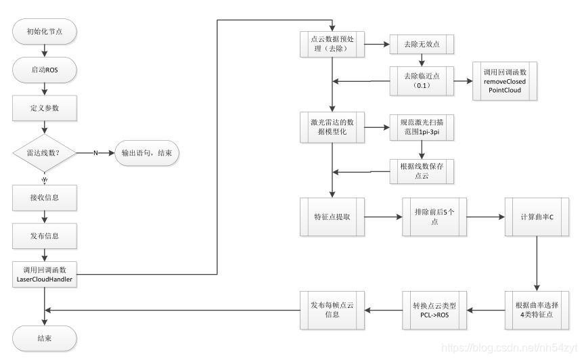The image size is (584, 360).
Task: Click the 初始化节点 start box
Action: click(45, 31)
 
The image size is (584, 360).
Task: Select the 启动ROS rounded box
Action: click(45, 69)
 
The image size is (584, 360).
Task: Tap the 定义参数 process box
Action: click(45, 108)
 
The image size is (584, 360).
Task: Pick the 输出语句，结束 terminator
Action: click(146, 153)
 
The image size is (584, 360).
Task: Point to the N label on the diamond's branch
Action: click(95, 153)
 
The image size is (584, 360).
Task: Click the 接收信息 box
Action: click(45, 198)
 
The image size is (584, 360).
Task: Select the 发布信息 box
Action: click(45, 236)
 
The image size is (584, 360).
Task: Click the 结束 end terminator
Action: click(45, 338)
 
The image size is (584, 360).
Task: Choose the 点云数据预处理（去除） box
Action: click(332, 45)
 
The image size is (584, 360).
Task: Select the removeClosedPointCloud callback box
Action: click(504, 81)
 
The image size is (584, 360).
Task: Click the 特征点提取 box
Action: click(332, 217)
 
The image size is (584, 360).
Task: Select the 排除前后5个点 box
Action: click(433, 217)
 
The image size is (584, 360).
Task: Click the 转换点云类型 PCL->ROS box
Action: click(433, 310)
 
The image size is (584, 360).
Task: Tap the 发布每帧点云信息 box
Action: click(332, 310)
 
